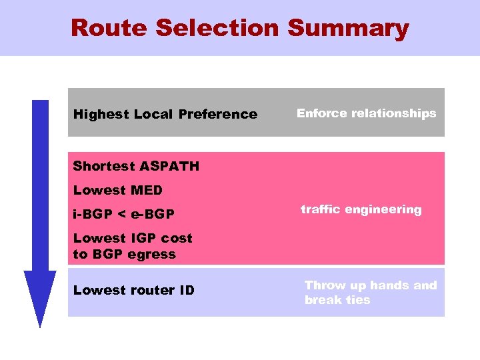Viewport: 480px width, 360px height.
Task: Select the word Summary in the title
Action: [348, 28]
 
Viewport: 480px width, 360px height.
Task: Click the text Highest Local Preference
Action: [165, 114]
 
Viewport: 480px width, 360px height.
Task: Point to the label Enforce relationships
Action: [366, 113]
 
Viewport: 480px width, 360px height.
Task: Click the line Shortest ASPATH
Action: [136, 166]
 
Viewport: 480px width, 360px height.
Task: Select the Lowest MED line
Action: [117, 191]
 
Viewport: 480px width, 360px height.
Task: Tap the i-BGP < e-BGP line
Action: [123, 214]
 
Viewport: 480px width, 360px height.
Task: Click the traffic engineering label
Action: [361, 209]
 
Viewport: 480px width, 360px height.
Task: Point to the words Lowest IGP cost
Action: [132, 238]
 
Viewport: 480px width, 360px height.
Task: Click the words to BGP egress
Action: [124, 254]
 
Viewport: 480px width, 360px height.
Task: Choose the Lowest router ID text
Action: [133, 290]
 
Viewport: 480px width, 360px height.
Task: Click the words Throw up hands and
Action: [370, 285]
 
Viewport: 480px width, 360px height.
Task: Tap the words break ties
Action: [337, 300]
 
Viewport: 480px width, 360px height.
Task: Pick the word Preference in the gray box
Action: [217, 114]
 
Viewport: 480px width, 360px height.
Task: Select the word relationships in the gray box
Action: [394, 113]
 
